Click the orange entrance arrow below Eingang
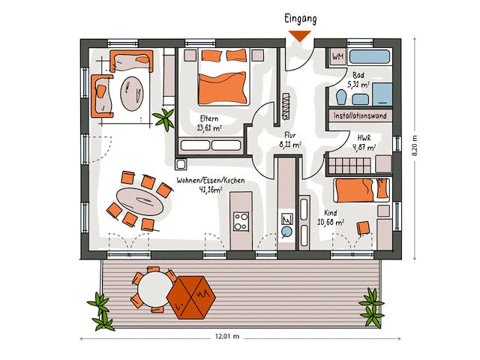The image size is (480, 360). [300, 35]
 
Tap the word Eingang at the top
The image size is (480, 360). [300, 17]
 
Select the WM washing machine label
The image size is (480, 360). [337, 56]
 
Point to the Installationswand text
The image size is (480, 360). [359, 116]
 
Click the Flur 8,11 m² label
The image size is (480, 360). [290, 140]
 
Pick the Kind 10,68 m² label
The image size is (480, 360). [331, 217]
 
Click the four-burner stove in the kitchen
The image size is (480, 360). [241, 221]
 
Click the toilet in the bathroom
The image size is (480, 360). [343, 97]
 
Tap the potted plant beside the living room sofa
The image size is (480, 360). [163, 117]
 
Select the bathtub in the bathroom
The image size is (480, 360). [367, 56]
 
